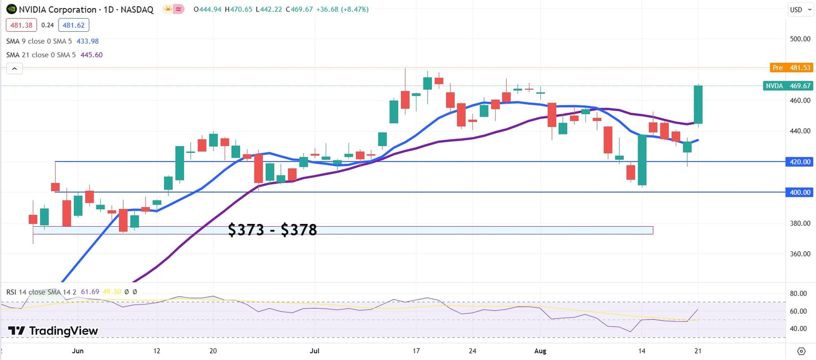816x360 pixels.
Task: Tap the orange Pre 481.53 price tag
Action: tap(791, 68)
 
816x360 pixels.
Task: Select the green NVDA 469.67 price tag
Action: tap(787, 86)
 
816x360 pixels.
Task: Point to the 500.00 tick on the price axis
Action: tap(799, 39)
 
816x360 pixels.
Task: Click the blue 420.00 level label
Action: tap(799, 161)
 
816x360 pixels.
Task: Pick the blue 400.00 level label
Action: tap(799, 192)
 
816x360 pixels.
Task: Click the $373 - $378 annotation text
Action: tap(272, 230)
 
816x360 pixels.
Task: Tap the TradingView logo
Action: tap(53, 331)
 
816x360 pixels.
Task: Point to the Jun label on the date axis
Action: tap(78, 351)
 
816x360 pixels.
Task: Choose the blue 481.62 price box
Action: tap(75, 25)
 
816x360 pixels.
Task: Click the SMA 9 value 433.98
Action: tap(87, 41)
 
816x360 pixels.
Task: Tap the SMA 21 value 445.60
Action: tap(91, 55)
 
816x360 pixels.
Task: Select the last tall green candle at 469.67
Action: tap(698, 105)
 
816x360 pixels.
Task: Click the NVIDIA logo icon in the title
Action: tap(11, 10)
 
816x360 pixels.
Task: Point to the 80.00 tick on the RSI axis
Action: tap(799, 293)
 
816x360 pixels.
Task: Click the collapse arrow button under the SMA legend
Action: tap(14, 68)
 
